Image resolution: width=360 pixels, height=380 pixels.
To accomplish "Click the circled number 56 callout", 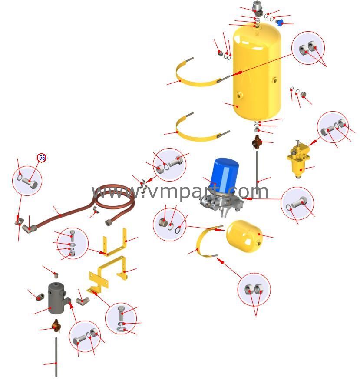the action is (41, 158).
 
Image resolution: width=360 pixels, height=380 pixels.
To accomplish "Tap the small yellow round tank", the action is (244, 236).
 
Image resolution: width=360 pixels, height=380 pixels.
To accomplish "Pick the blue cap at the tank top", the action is (280, 23).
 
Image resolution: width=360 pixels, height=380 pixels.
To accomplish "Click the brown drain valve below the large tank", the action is (257, 142).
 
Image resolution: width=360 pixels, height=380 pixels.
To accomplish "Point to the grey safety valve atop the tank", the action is (256, 7).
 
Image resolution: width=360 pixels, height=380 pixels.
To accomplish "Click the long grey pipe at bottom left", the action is (56, 357).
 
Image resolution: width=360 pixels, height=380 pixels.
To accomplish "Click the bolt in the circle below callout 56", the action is (30, 182).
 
